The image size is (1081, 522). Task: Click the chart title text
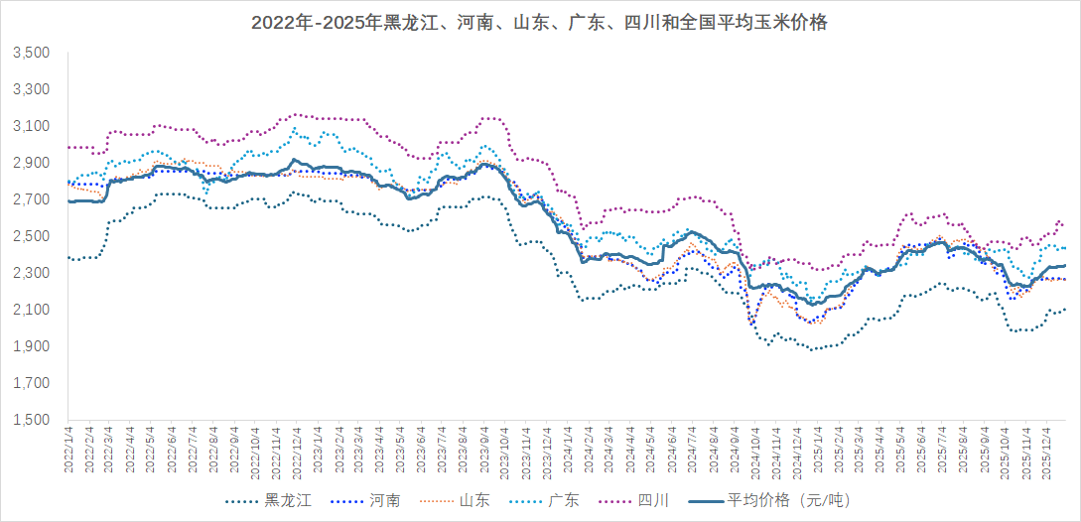539,23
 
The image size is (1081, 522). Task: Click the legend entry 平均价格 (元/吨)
764,500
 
